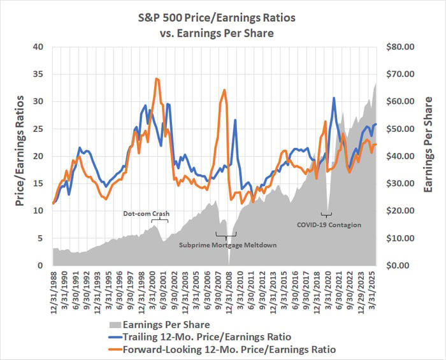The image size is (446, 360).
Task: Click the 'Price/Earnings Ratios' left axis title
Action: click(x=20, y=156)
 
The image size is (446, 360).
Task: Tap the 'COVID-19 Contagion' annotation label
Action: click(x=329, y=224)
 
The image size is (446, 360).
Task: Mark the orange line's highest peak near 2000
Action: click(x=156, y=78)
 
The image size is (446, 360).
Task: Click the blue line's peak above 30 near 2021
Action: click(x=333, y=98)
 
